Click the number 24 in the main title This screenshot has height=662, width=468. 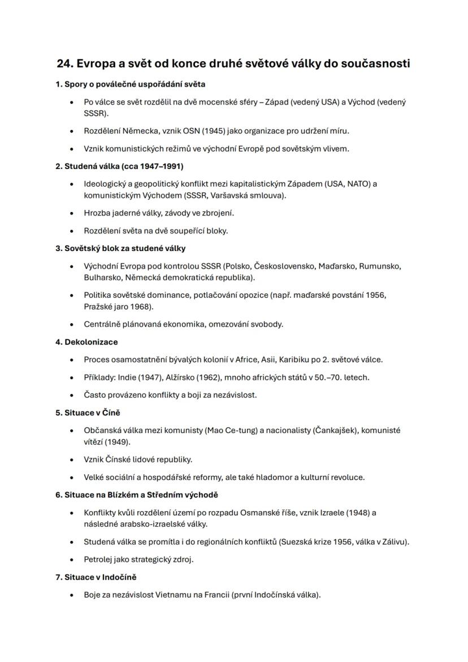pyautogui.click(x=64, y=63)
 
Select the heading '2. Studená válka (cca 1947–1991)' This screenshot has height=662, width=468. pyautogui.click(x=119, y=166)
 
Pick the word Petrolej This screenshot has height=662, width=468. pyautogui.click(x=100, y=560)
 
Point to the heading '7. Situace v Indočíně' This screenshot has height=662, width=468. pyautogui.click(x=96, y=577)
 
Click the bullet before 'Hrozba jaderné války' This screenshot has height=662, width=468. pyautogui.click(x=71, y=213)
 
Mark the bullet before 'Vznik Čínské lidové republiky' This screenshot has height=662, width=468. pyautogui.click(x=71, y=460)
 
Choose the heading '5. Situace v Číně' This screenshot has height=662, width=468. pyautogui.click(x=88, y=413)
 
